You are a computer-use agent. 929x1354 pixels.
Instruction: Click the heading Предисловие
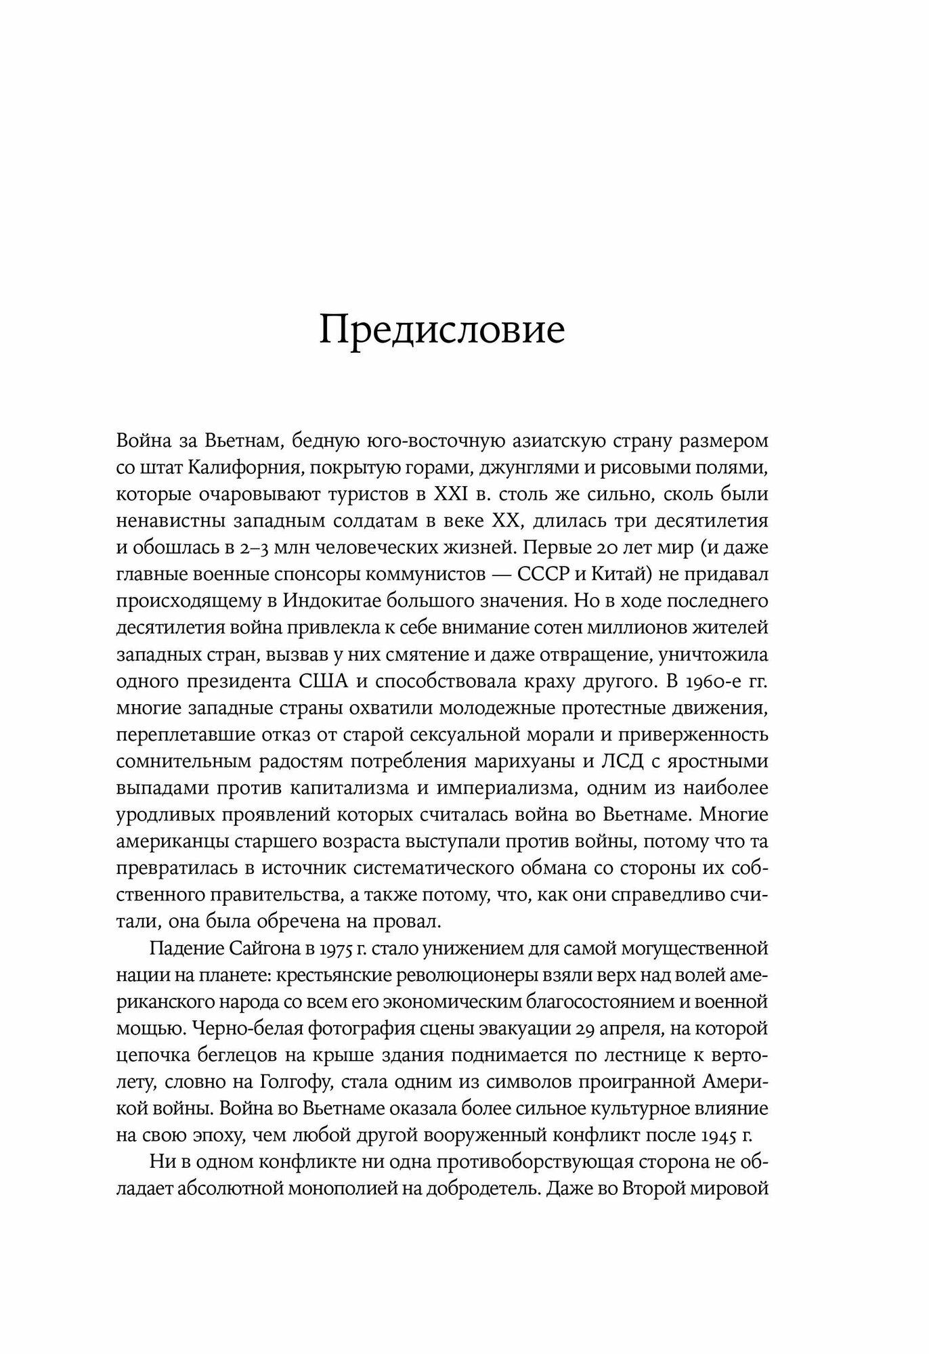click(x=441, y=331)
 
